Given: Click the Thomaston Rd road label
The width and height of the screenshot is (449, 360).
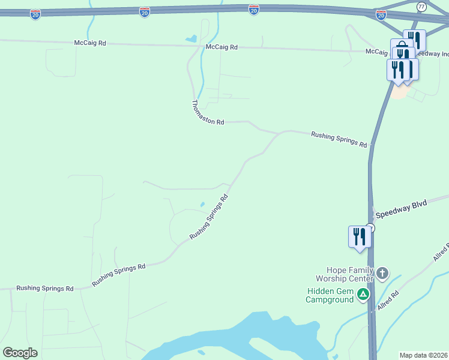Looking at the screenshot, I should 207,112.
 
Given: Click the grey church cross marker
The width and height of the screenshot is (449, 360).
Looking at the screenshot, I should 382,274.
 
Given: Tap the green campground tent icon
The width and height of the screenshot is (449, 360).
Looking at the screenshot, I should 363,294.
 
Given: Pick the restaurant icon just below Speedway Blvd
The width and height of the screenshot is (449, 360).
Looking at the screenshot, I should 359,236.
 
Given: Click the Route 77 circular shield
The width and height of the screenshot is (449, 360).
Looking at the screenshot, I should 421,7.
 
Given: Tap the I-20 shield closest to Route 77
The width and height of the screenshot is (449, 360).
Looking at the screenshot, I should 381,15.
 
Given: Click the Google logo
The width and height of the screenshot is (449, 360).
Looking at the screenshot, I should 20,353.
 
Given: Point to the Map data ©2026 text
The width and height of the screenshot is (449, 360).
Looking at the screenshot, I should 423,355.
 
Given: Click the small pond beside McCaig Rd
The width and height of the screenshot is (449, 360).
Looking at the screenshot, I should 191,39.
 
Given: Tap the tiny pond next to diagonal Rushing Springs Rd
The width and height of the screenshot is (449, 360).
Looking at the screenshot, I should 202,204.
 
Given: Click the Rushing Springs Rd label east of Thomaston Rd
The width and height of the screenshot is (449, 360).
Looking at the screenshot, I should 339,139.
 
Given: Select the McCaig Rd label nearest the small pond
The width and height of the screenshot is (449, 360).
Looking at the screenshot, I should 221,47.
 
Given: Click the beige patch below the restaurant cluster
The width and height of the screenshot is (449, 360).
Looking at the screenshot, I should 399,93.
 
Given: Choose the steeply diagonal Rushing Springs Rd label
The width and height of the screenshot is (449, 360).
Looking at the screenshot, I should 209,217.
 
